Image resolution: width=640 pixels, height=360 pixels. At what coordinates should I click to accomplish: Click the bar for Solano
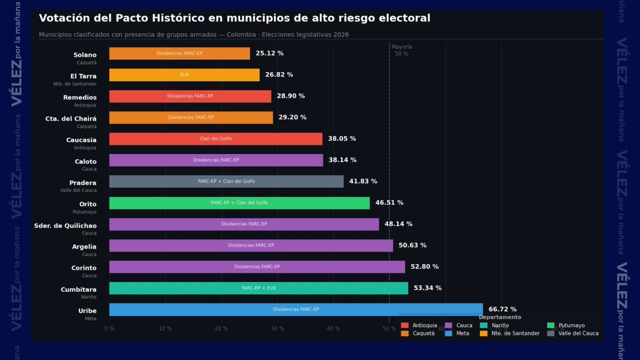[179, 53]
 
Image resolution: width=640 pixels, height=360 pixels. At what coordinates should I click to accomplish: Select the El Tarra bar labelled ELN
[184, 75]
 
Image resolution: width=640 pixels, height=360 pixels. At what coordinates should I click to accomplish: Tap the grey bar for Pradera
[226, 181]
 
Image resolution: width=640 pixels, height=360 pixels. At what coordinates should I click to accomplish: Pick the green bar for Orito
[239, 203]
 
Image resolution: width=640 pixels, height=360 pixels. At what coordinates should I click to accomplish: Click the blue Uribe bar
[295, 309]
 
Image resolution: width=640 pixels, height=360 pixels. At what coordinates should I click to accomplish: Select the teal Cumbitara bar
[258, 288]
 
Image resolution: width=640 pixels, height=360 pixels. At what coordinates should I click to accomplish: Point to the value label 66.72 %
[502, 309]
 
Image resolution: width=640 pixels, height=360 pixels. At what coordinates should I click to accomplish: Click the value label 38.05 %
[342, 139]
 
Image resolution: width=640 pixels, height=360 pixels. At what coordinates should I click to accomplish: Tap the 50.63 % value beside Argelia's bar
[412, 245]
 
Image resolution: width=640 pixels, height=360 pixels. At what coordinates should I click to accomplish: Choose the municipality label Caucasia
[81, 140]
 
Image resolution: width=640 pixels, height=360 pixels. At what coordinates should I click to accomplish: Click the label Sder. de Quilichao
[65, 226]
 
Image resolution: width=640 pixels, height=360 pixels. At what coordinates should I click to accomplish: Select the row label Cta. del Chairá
[71, 119]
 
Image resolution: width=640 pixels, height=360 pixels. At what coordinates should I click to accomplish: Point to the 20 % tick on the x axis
[221, 329]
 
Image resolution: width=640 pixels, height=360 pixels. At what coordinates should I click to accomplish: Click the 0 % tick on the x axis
[109, 329]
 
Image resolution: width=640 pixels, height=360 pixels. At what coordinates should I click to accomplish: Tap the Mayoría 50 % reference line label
[402, 50]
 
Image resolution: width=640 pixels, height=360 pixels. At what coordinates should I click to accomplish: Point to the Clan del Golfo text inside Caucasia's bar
[215, 139]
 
